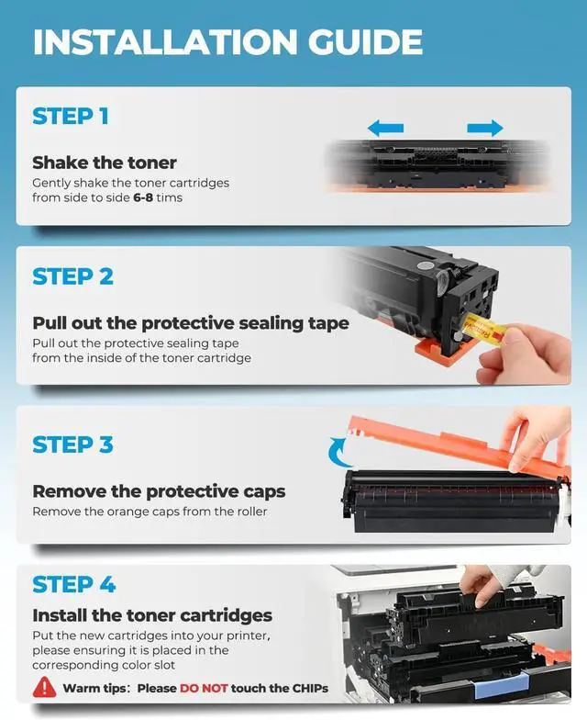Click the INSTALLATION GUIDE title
coord(227,42)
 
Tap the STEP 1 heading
coord(71,116)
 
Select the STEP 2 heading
coord(73,276)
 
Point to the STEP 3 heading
coord(72,444)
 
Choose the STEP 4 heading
coord(73,584)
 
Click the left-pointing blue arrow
coord(385,128)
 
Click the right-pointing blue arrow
coord(485,128)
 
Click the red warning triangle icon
coord(44,687)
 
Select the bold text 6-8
coord(143,198)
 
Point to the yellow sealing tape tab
coord(484,332)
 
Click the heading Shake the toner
coord(105,163)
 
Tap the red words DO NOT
coord(204,688)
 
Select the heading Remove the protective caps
coord(159,492)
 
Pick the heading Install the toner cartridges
coord(152,615)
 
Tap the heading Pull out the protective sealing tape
coord(191,323)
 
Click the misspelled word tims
coord(169,198)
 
